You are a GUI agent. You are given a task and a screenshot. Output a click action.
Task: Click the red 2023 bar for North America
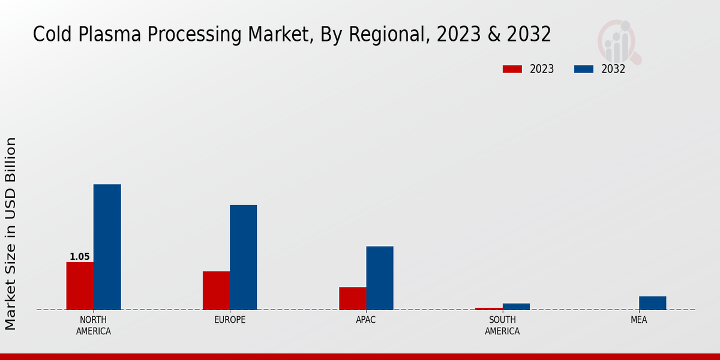tap(80, 286)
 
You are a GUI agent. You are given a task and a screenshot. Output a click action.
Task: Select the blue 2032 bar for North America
tap(107, 247)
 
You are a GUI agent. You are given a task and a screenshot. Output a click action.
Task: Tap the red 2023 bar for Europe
tap(216, 290)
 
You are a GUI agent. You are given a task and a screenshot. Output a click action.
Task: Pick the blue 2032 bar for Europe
tap(243, 257)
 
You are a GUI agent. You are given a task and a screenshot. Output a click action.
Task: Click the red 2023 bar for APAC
tap(352, 298)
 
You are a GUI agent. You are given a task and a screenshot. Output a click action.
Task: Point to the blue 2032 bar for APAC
tap(380, 278)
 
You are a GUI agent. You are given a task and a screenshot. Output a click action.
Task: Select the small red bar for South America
tap(488, 308)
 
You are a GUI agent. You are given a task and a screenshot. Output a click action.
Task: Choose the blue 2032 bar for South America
tap(516, 307)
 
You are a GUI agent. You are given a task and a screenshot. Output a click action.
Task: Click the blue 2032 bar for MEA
tap(652, 303)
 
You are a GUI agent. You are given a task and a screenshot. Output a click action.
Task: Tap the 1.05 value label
tap(79, 257)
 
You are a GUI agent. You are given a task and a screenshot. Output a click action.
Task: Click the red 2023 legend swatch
tap(512, 69)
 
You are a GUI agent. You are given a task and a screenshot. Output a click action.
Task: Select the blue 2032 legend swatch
tap(583, 69)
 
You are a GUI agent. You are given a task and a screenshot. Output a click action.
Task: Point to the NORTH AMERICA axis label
tap(93, 325)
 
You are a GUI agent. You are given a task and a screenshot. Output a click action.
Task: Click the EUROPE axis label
tap(230, 320)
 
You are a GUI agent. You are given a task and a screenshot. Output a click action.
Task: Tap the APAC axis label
tap(365, 320)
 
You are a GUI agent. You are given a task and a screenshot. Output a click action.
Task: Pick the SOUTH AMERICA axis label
tap(502, 325)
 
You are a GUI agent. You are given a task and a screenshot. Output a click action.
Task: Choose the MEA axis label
tap(638, 320)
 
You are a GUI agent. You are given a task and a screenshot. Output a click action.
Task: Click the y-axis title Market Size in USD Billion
tap(11, 234)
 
